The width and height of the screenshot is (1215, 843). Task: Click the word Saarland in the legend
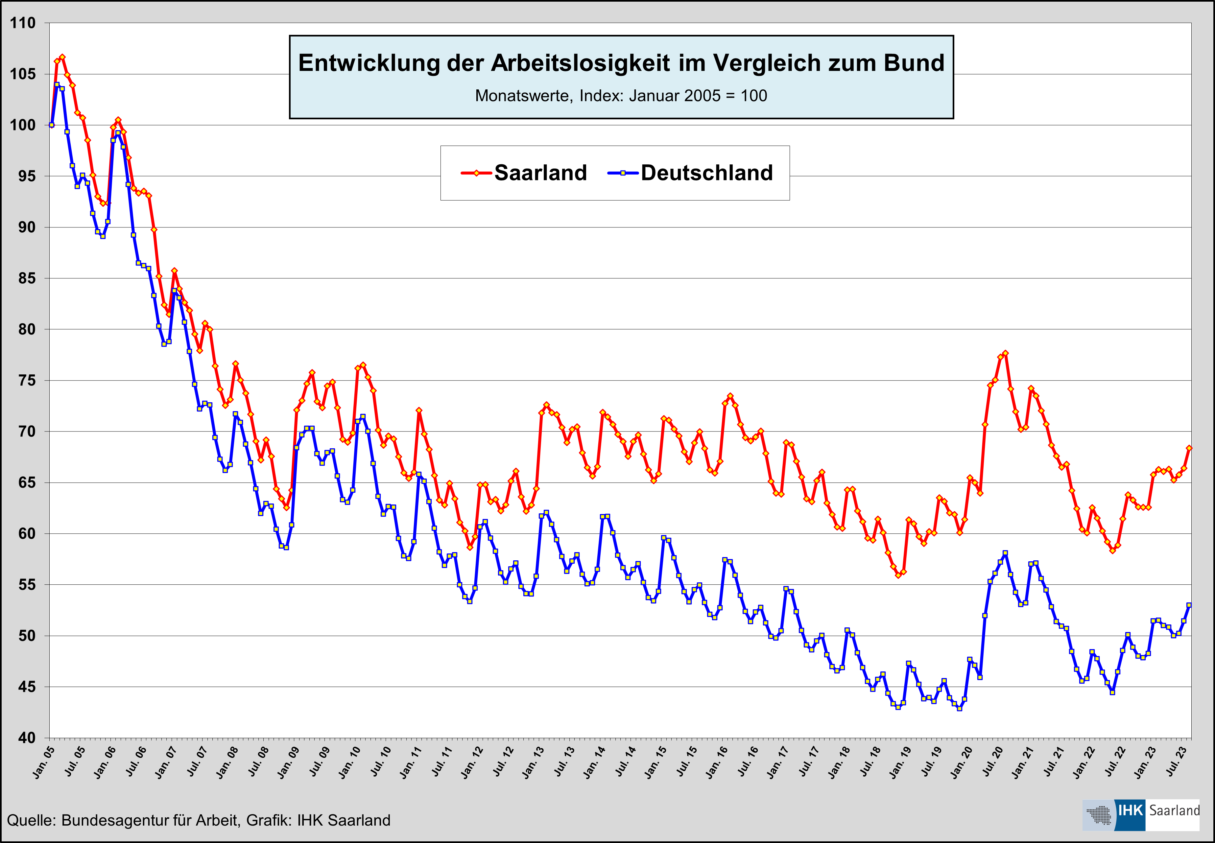coord(540,173)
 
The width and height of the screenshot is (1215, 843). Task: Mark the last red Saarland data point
coord(1189,448)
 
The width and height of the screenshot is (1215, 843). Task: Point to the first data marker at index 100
coord(52,125)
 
